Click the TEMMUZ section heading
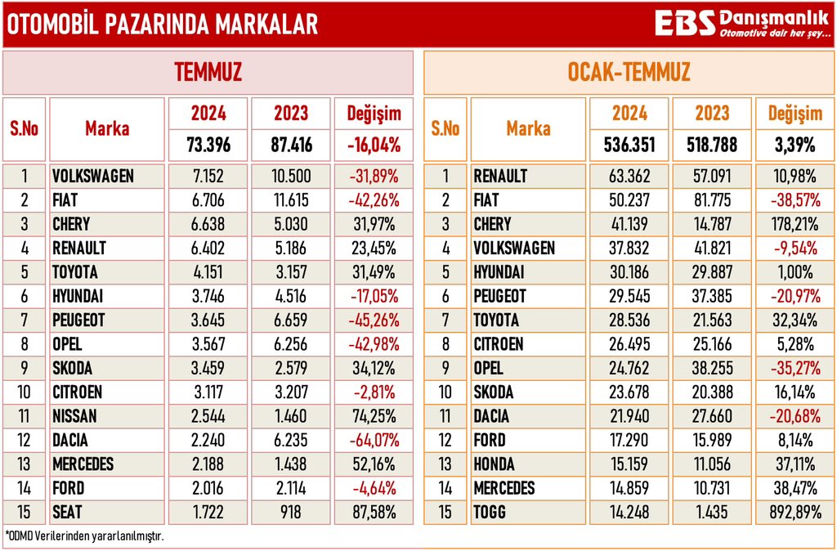pos(208,73)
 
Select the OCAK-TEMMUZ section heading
pos(629,73)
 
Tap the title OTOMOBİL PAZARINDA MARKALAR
pos(162,25)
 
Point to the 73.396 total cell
pos(208,145)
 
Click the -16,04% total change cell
pos(374,145)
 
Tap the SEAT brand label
pos(68,513)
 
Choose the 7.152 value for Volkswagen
pos(208,176)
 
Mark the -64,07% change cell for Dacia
pos(374,440)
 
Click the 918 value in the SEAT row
pos(291,513)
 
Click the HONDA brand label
pos(495,464)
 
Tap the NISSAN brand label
pos(74,416)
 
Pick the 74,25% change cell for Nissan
pos(374,416)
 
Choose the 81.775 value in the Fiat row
pos(711,199)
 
